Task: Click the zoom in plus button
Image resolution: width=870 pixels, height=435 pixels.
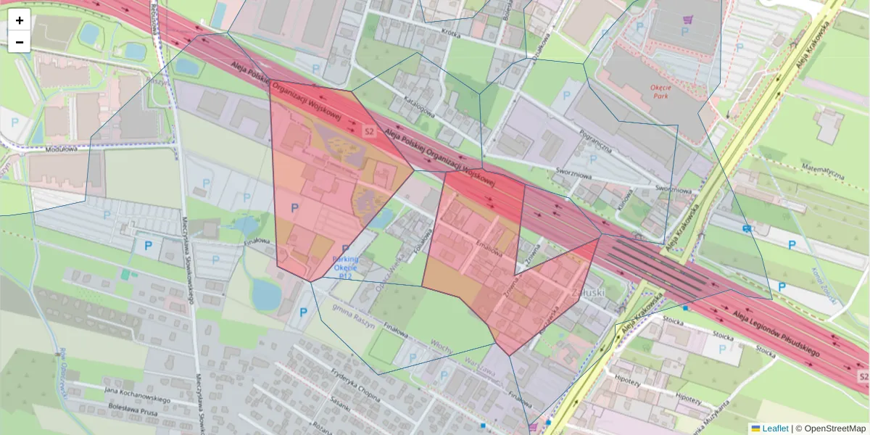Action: (x=20, y=20)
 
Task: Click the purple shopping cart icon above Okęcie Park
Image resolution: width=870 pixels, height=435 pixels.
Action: (x=687, y=22)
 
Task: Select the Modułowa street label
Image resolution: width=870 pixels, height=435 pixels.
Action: (x=60, y=149)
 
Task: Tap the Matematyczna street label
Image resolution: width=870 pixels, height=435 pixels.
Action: (x=823, y=171)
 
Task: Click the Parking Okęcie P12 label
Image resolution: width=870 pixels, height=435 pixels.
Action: (x=344, y=268)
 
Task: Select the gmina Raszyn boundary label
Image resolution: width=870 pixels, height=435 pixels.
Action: (x=354, y=316)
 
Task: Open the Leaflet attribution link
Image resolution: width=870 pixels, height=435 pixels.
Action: (x=775, y=428)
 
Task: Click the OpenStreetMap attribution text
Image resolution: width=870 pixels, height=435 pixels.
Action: (x=830, y=428)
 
